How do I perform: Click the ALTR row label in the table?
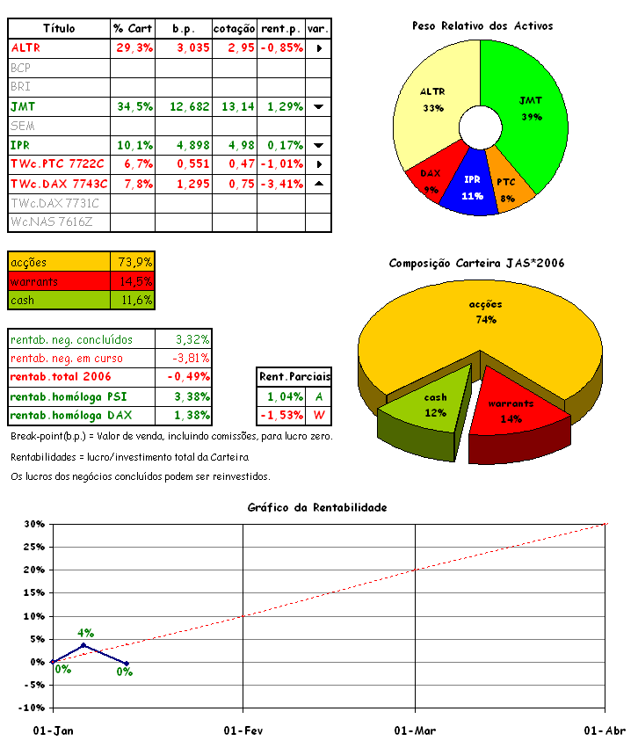26,47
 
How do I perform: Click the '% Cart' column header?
134,29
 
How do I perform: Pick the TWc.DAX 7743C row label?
59,184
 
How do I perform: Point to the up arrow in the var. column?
318,184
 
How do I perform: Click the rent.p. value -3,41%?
282,184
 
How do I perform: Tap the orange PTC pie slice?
509,185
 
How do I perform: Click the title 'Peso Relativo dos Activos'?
482,26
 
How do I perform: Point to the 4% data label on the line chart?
85,633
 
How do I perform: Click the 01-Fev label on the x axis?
243,730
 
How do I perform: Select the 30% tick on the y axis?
33,524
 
